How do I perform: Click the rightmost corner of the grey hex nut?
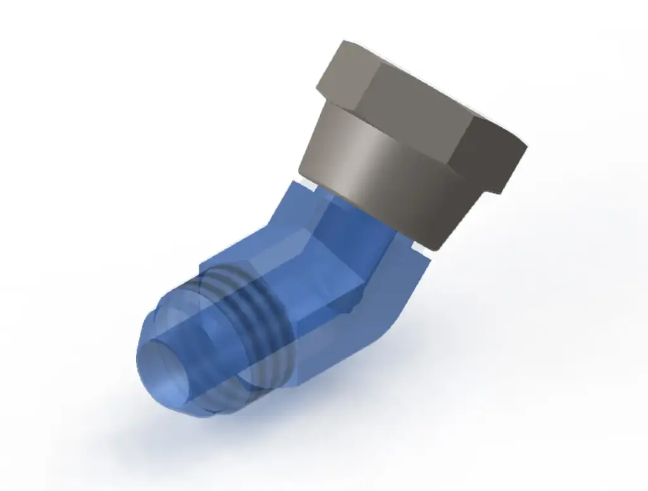526,147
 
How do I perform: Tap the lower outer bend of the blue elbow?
405,304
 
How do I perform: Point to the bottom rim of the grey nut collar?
380,218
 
